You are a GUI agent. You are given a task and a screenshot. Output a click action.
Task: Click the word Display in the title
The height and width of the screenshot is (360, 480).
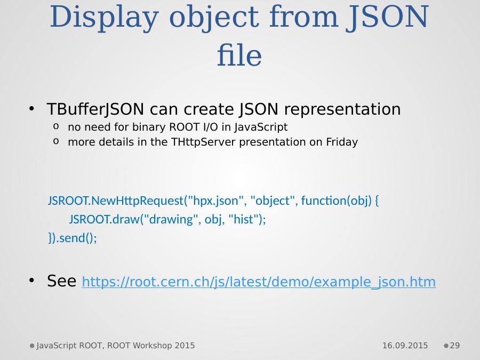click(104, 18)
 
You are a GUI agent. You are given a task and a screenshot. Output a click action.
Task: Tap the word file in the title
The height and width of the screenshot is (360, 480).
click(239, 55)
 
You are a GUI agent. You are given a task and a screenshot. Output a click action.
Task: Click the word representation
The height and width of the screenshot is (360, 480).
click(342, 109)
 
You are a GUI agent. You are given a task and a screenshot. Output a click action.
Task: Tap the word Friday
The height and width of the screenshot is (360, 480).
click(342, 142)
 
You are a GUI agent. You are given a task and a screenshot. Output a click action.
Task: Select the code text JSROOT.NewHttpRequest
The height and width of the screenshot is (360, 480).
click(115, 201)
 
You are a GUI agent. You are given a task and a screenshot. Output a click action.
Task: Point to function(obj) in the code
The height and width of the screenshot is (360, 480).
click(336, 201)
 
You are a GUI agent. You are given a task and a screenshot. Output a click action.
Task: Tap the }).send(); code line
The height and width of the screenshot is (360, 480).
click(73, 238)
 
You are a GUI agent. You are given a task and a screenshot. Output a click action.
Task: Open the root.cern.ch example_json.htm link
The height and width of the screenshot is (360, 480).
click(259, 282)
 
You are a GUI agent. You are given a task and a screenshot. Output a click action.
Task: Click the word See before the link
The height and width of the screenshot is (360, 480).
click(61, 281)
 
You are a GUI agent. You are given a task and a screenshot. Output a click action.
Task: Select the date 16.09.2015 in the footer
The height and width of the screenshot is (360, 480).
click(405, 346)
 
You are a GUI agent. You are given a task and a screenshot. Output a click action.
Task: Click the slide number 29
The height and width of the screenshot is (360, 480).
click(454, 346)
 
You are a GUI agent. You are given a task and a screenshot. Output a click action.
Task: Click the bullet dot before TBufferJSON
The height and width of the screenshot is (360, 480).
click(31, 109)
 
